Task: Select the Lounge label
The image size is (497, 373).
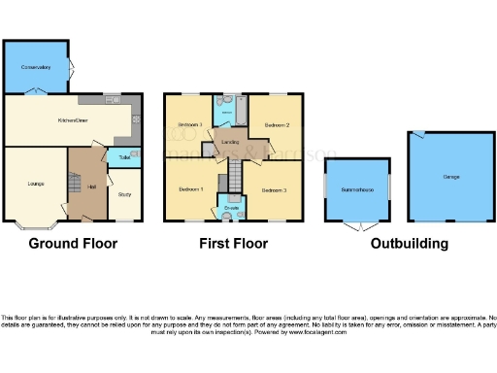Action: click(x=33, y=182)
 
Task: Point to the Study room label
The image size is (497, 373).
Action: click(x=124, y=194)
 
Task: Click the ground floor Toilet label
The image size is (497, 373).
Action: click(x=124, y=156)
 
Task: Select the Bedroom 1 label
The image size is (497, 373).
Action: click(x=190, y=188)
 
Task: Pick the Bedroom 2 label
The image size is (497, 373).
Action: click(x=279, y=125)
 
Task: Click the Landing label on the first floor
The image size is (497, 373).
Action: click(x=231, y=144)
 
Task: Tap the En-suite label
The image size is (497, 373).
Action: click(x=233, y=208)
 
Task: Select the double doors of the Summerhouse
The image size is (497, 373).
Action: click(x=356, y=226)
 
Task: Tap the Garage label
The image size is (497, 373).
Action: click(x=451, y=177)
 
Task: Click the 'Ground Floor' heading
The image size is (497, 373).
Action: click(x=72, y=244)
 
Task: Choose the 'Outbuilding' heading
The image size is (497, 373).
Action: click(x=410, y=244)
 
